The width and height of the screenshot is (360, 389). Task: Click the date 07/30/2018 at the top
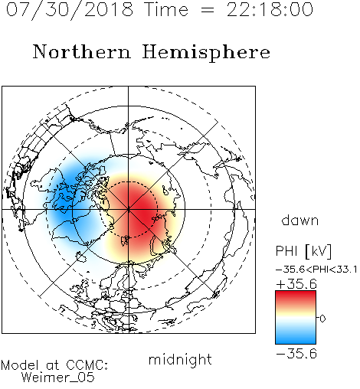point(70,10)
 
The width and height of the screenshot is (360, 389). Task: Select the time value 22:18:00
point(270,10)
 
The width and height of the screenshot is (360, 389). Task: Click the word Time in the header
point(166,10)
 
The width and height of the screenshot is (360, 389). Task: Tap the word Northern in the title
point(82,52)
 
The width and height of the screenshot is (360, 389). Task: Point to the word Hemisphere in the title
point(206,53)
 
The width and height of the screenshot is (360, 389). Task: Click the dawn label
point(300,220)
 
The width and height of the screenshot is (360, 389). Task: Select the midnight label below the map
point(180,359)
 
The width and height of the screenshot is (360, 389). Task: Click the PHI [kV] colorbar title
point(303,251)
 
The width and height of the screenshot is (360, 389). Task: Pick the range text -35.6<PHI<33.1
point(316,270)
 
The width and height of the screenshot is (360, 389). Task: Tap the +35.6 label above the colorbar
point(296,284)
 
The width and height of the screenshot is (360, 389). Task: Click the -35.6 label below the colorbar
point(296,354)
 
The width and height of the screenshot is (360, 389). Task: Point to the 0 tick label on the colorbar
point(322,319)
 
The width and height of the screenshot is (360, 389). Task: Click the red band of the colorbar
point(296,297)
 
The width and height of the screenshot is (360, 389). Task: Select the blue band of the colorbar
point(296,337)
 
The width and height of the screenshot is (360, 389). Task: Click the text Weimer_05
point(58,378)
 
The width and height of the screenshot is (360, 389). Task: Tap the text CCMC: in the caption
point(87,365)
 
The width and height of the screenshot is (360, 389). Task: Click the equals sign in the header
point(208,10)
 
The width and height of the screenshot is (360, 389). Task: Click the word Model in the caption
point(20,365)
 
